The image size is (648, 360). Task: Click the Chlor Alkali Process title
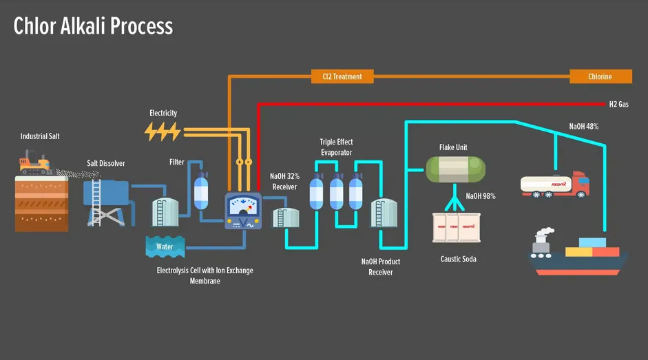pos(93,26)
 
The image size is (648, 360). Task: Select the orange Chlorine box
pos(600,76)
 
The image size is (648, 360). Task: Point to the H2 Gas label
pos(618,105)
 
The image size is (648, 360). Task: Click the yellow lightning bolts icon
pos(163,131)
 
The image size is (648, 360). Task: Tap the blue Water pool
pos(165,246)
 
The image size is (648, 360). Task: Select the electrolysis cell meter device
pos(244,211)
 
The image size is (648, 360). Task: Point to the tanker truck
pos(555,184)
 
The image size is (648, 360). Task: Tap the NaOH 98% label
pos(481,196)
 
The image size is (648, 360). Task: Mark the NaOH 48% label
pos(583,127)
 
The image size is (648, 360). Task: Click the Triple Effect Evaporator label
pos(336,147)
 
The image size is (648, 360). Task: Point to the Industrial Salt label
pos(40,136)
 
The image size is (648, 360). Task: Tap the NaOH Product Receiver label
pos(380,267)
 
